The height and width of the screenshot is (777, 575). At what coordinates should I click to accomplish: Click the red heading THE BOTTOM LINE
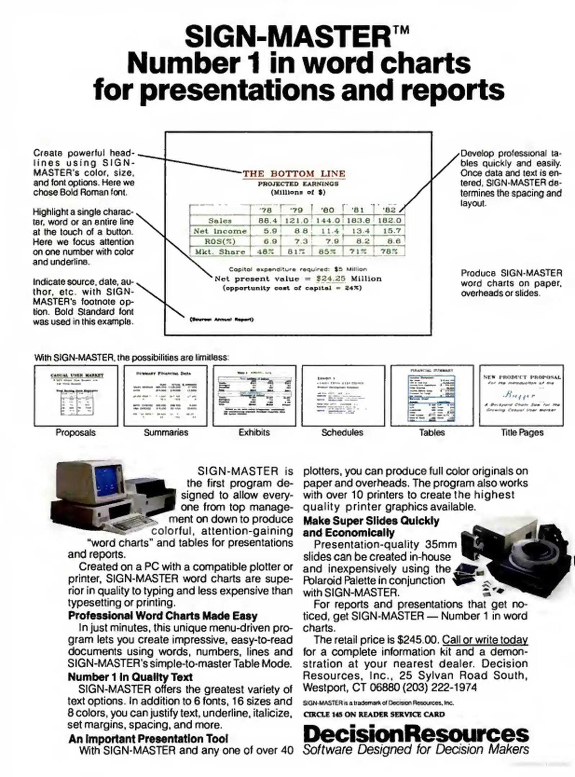click(x=294, y=174)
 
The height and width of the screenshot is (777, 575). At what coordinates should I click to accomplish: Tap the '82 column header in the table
click(x=389, y=210)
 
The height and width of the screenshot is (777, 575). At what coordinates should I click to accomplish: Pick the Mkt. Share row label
click(x=220, y=251)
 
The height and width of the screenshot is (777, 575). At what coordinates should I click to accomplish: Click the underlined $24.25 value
click(x=331, y=278)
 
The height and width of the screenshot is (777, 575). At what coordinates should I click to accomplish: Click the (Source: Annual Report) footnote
click(x=221, y=319)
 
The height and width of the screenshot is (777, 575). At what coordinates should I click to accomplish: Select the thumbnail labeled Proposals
click(x=76, y=395)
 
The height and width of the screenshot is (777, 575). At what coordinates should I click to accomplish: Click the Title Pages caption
click(x=522, y=432)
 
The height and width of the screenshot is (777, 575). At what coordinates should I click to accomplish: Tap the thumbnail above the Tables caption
click(x=431, y=395)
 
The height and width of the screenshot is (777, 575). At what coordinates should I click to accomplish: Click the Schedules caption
click(x=342, y=432)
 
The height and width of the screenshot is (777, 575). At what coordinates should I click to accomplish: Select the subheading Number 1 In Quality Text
click(x=130, y=677)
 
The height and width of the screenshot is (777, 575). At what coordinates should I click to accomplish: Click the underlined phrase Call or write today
click(x=485, y=640)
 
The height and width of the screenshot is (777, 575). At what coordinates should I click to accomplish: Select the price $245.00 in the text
click(x=418, y=640)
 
